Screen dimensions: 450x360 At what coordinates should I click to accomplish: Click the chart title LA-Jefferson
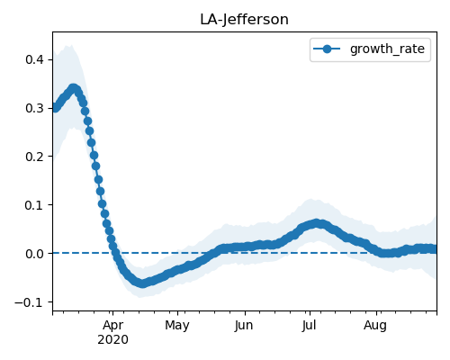point(244,20)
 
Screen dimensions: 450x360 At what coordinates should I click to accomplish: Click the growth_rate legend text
point(387,49)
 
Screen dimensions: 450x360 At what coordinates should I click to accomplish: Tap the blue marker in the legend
point(327,49)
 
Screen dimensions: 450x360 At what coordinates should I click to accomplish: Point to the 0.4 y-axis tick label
point(34,59)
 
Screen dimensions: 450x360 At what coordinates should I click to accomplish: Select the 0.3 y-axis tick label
point(34,108)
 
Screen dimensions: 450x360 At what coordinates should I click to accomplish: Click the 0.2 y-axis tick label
point(34,157)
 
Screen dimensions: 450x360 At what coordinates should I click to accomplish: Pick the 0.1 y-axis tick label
point(34,205)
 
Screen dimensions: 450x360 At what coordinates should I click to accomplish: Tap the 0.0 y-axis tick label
point(34,254)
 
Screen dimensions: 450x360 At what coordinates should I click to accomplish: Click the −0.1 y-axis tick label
point(30,302)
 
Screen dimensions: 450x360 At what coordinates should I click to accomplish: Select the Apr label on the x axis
point(112,325)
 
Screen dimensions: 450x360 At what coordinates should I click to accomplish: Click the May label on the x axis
point(177,326)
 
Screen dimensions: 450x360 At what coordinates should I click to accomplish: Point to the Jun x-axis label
point(244,325)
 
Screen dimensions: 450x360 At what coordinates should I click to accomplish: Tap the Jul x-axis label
point(309,325)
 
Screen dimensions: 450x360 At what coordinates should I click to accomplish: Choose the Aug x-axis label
point(375,326)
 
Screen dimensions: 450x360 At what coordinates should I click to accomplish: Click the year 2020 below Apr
point(112,339)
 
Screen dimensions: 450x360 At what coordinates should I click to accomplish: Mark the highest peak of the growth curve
point(74,88)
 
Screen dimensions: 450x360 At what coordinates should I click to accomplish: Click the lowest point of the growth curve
point(142,283)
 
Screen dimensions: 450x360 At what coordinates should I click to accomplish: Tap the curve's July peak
point(316,223)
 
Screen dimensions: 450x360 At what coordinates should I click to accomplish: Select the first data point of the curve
point(54,108)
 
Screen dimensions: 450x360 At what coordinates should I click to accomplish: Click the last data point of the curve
point(435,249)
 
